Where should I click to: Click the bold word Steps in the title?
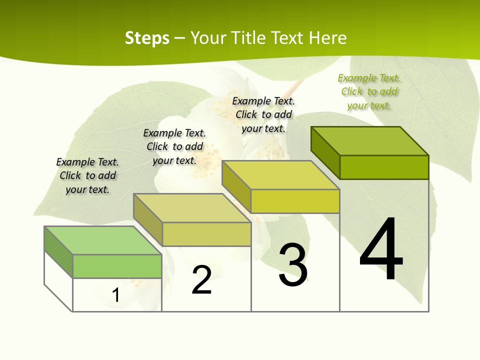(147, 38)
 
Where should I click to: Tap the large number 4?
(381, 250)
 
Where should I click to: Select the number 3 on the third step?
(293, 265)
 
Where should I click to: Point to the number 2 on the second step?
(202, 280)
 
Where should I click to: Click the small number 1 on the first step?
(115, 295)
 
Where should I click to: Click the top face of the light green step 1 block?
(102, 240)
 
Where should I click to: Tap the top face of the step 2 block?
(192, 208)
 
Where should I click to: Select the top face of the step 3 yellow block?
(280, 175)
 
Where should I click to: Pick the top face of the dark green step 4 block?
(369, 141)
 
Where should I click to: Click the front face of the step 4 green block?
(384, 167)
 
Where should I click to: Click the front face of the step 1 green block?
(117, 266)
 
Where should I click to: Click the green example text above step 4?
(369, 92)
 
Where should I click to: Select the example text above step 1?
(87, 175)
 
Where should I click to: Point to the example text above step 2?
(174, 146)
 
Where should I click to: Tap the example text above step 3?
(263, 114)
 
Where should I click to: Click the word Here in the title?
(328, 38)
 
